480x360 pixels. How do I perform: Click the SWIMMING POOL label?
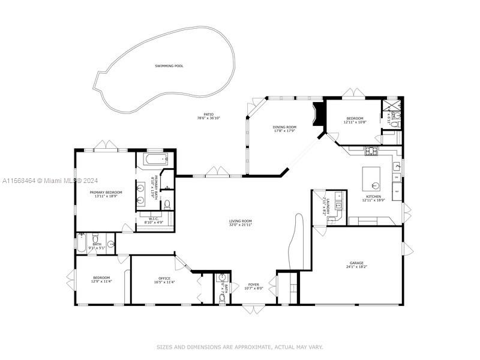click(169, 66)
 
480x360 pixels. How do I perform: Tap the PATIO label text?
click(208, 114)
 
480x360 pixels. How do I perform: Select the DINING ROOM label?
click(285, 127)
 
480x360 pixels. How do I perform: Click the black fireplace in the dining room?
click(319, 114)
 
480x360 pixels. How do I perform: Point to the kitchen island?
click(371, 176)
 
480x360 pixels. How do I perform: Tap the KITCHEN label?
click(374, 196)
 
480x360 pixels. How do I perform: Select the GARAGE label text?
click(357, 263)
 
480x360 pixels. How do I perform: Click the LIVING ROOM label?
click(240, 221)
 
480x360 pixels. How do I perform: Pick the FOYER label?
click(253, 284)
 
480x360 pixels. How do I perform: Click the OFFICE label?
click(164, 278)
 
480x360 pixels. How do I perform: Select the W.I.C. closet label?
click(154, 218)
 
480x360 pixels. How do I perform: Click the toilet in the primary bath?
click(167, 205)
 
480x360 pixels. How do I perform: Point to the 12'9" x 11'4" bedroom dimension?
click(101, 281)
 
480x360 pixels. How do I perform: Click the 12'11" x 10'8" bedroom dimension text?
click(354, 122)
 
